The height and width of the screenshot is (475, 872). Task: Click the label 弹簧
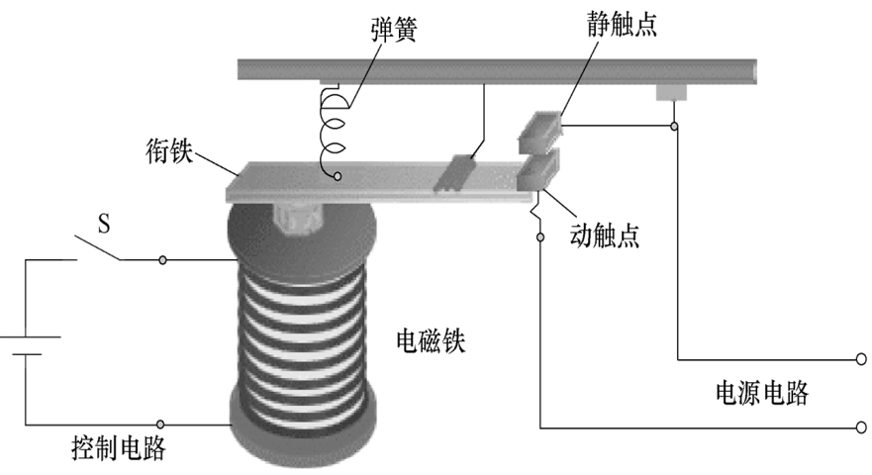coord(394,30)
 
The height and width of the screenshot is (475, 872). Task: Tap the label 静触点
coord(622,25)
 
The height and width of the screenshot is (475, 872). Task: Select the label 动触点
coord(605,236)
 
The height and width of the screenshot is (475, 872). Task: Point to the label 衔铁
coord(169,150)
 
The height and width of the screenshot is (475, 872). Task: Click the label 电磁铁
coord(431,340)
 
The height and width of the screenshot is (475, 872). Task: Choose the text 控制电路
coord(119,447)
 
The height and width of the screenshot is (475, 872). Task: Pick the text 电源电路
coord(762,393)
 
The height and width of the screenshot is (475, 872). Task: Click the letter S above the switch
coord(104,224)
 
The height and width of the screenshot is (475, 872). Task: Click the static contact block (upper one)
coord(539,133)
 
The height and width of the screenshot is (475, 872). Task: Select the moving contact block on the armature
coord(537,171)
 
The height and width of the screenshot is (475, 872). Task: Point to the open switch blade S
coord(98,248)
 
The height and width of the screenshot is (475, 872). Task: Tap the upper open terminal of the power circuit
coord(861,359)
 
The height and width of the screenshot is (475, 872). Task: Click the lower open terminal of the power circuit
coord(861,427)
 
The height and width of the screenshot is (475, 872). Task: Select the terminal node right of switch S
coord(162,259)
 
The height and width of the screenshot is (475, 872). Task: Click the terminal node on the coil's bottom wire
coord(160,425)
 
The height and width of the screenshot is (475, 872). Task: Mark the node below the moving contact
coord(540,237)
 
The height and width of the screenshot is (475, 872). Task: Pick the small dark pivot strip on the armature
coord(453,173)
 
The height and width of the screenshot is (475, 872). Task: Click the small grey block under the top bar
coord(671,92)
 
